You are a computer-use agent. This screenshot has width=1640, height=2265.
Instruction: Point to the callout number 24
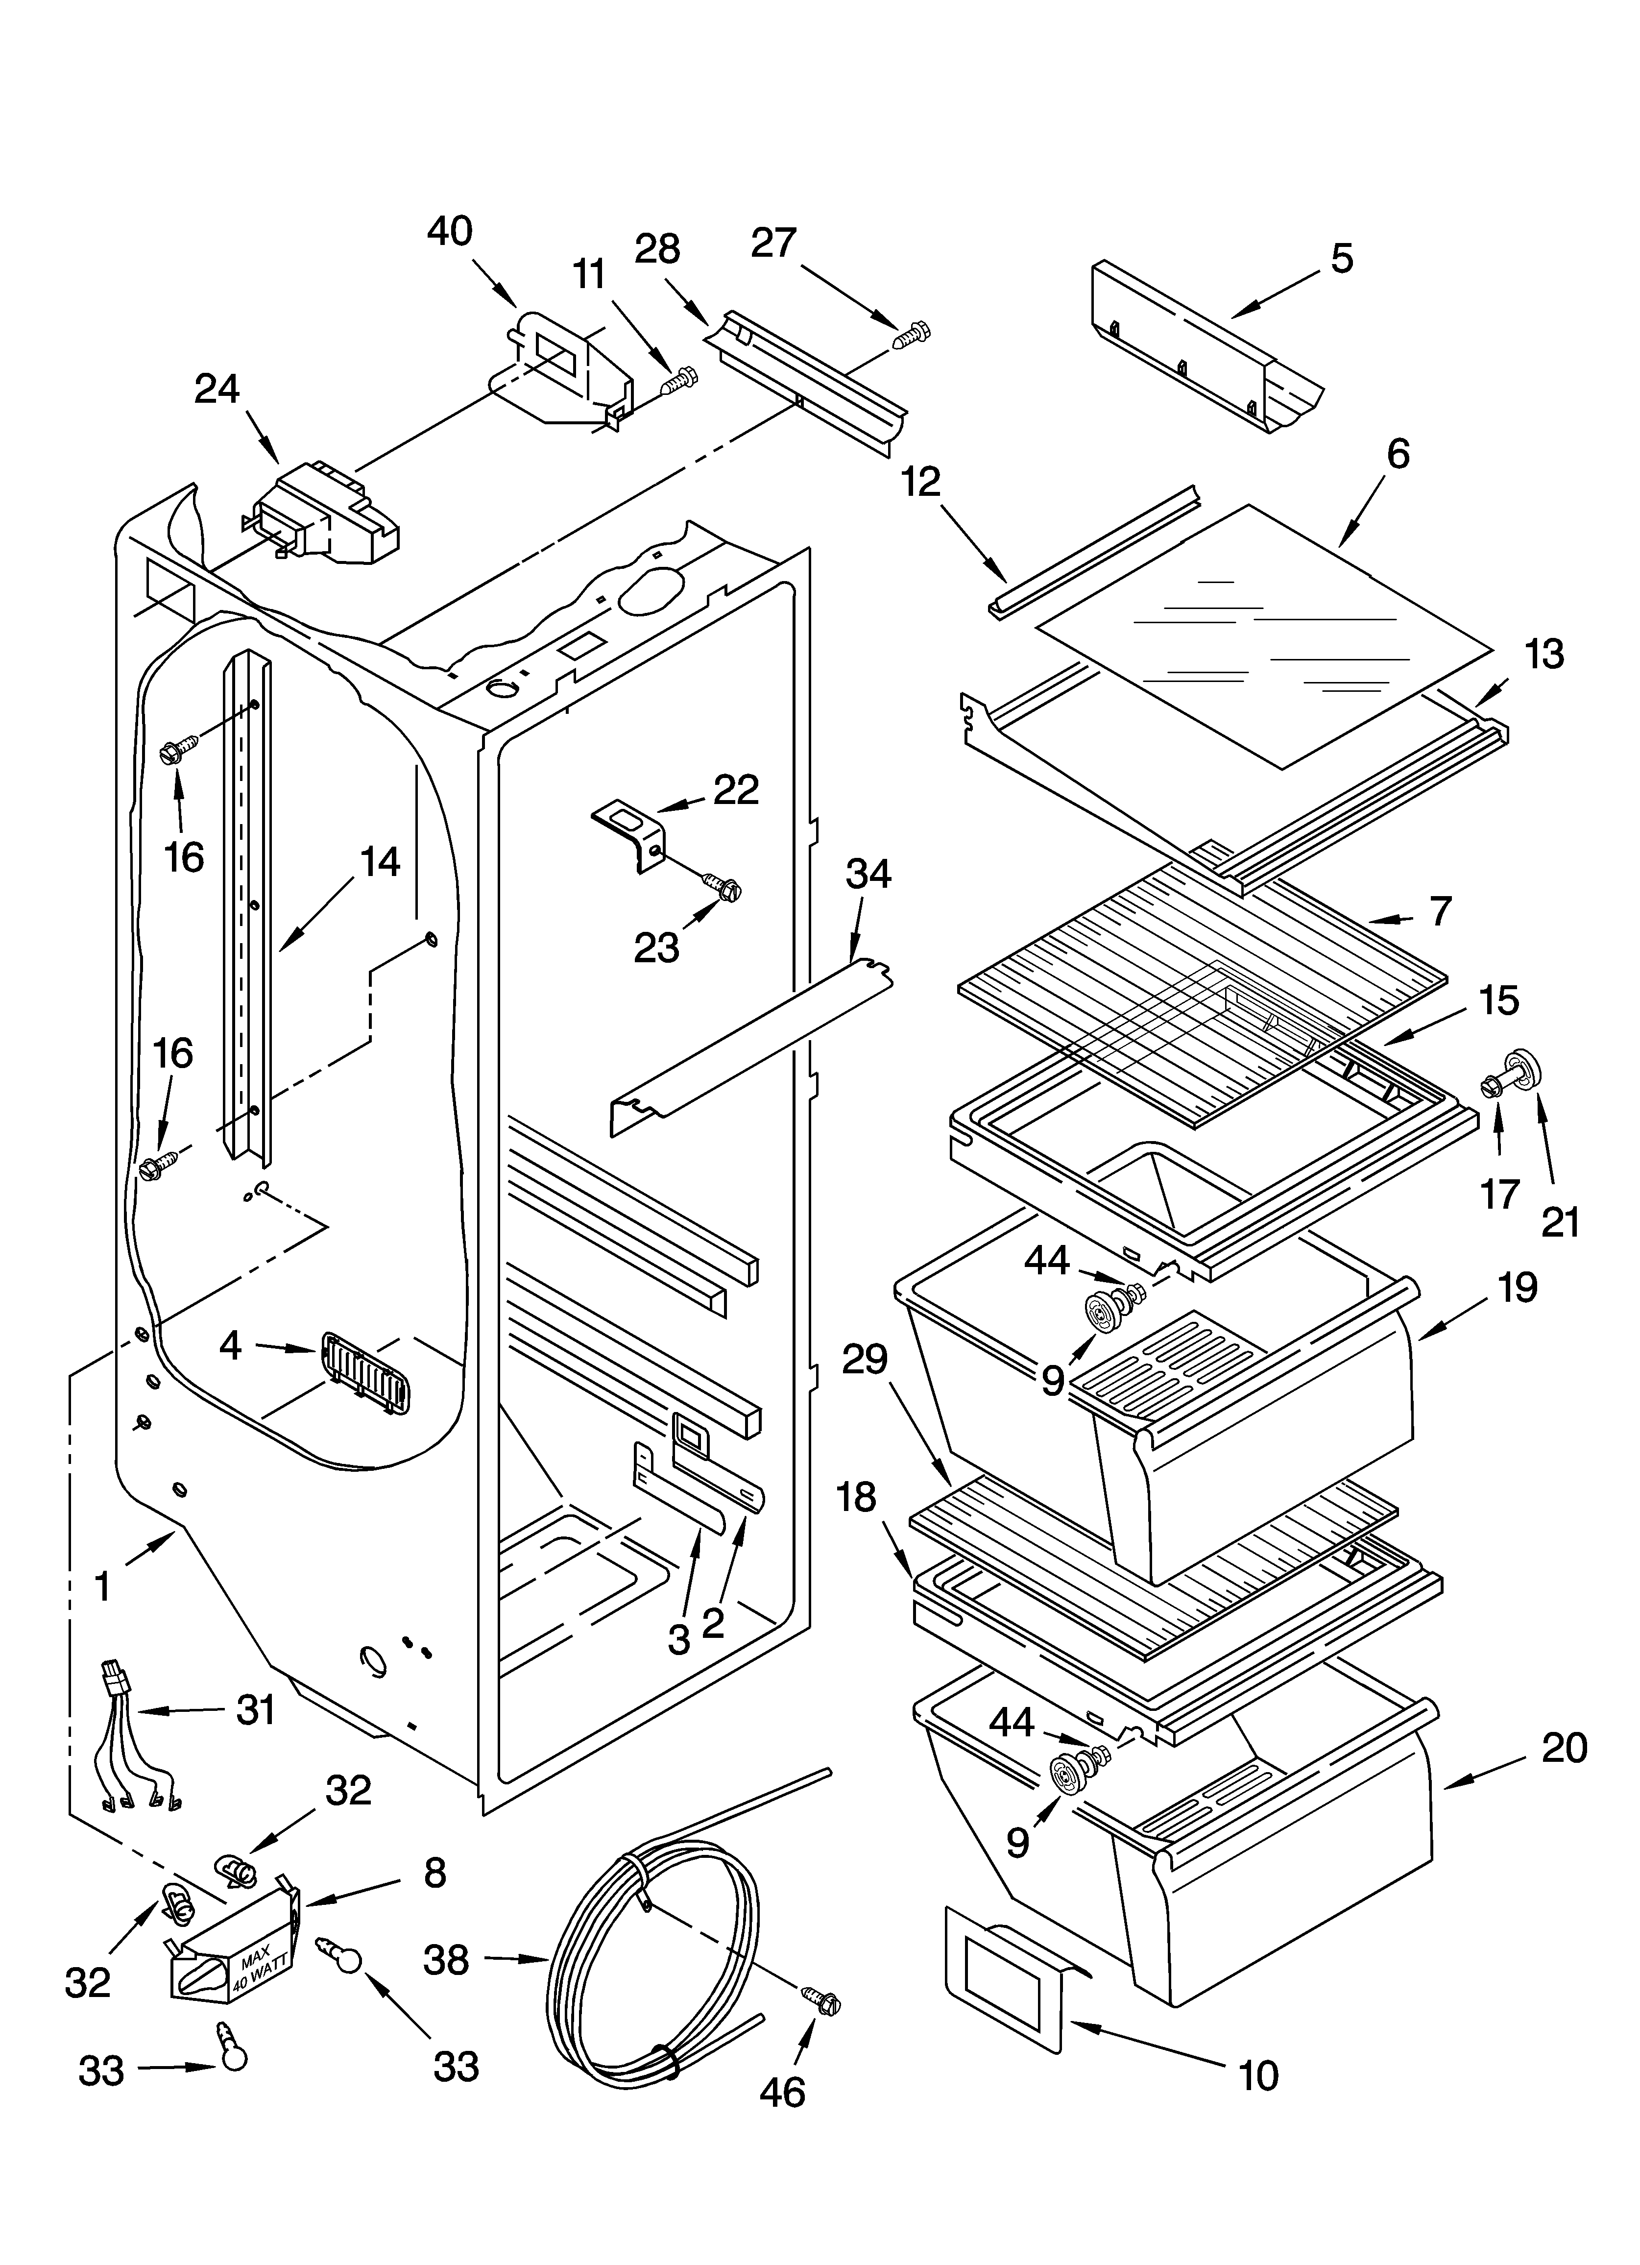(x=217, y=389)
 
